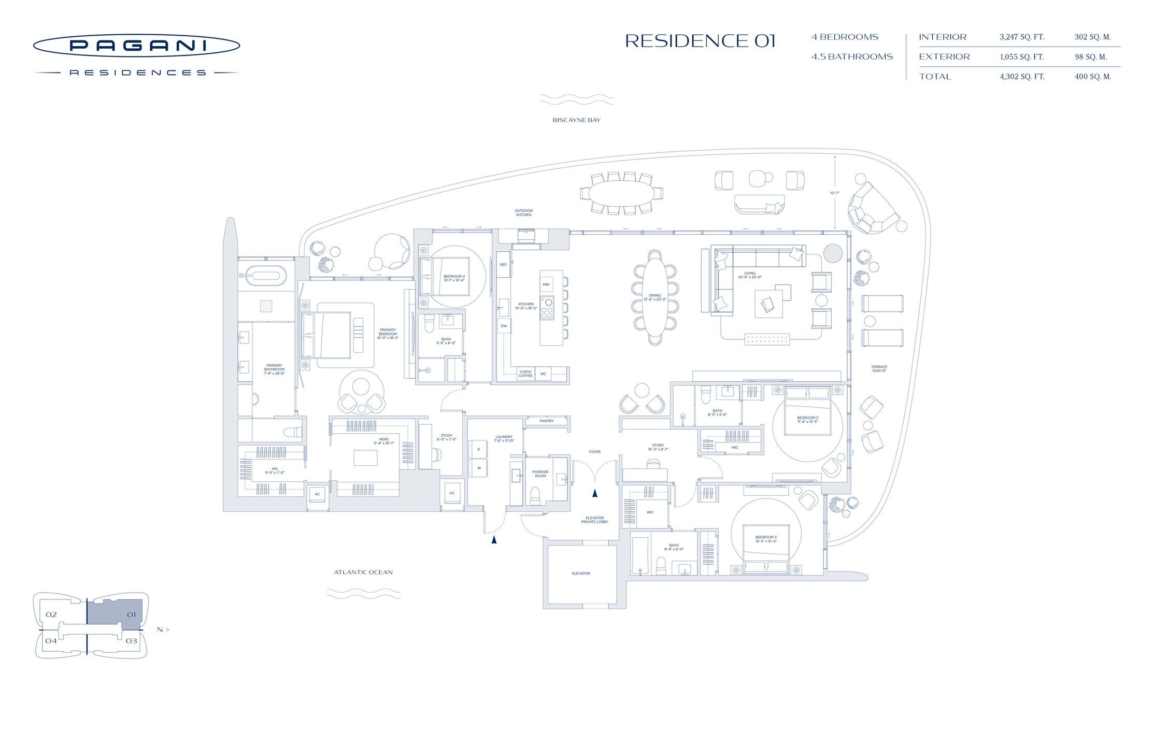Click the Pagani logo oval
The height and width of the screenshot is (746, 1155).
coord(136,46)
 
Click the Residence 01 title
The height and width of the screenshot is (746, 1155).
coord(700,41)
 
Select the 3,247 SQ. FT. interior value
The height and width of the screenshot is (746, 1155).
coord(1022,37)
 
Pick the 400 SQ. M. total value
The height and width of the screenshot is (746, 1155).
coord(1092,77)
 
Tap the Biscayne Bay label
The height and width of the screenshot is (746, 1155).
coord(576,120)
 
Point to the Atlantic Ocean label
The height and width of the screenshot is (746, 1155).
coord(363,572)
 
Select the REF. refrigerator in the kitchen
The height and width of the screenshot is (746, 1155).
coord(503,265)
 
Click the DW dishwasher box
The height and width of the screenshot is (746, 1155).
coord(504,326)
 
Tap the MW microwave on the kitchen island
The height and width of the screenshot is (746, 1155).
coord(546,284)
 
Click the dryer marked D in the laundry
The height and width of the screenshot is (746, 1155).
coord(478,449)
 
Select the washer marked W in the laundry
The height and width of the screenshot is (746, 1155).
coord(478,468)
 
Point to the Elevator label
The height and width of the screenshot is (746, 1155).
coord(580,573)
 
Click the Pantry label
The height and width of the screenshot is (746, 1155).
coord(546,421)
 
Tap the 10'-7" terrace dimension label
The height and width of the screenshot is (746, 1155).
coord(834,193)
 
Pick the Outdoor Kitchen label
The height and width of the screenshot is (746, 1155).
coord(523,212)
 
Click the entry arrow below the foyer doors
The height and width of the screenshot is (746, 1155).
coord(595,493)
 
